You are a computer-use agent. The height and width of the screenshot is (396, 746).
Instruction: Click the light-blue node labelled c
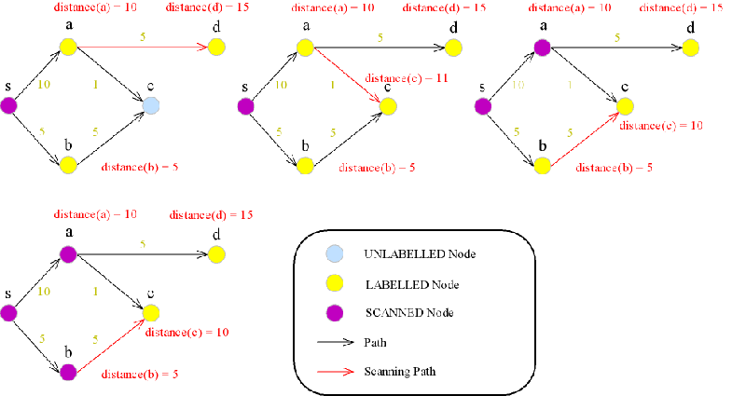151,105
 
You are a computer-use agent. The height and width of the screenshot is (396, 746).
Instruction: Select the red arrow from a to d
140,46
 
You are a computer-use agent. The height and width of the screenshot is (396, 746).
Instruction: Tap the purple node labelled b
67,373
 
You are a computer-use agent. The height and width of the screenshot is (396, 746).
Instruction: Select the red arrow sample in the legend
337,371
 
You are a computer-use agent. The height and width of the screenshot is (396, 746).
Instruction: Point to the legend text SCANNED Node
403,310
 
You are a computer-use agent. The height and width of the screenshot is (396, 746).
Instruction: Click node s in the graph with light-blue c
9,105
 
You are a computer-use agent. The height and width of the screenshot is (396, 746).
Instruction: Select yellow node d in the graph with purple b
216,253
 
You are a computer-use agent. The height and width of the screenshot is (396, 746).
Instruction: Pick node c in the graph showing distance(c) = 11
388,105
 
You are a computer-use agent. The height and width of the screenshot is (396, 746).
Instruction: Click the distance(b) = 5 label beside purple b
140,374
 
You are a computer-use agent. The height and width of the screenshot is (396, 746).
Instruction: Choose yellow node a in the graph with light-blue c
67,46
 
